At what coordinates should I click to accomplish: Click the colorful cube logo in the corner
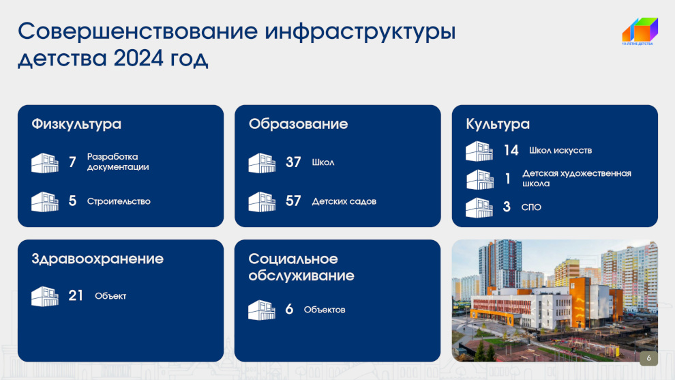pyautogui.click(x=640, y=31)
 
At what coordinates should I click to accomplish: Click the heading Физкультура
pyautogui.click(x=76, y=124)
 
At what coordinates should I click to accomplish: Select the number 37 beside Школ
pyautogui.click(x=293, y=162)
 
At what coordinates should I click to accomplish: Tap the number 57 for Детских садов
pyautogui.click(x=293, y=201)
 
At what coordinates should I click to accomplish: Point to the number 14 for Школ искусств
pyautogui.click(x=511, y=150)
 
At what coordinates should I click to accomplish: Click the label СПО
pyautogui.click(x=531, y=207)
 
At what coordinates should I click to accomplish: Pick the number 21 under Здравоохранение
pyautogui.click(x=75, y=295)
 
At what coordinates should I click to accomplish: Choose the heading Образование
pyautogui.click(x=299, y=124)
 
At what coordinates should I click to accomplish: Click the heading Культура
pyautogui.click(x=498, y=124)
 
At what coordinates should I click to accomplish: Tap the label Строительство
pyautogui.click(x=119, y=201)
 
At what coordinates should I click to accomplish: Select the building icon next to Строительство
pyautogui.click(x=45, y=202)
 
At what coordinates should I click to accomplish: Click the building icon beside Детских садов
pyautogui.click(x=262, y=202)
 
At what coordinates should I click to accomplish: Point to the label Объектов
pyautogui.click(x=325, y=310)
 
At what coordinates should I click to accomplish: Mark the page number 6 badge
pyautogui.click(x=648, y=358)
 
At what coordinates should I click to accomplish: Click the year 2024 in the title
pyautogui.click(x=138, y=58)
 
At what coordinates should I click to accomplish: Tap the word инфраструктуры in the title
pyautogui.click(x=360, y=32)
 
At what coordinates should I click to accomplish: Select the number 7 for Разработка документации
pyautogui.click(x=72, y=162)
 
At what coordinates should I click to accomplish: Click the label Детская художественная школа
pyautogui.click(x=577, y=178)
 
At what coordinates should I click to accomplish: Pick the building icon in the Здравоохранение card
pyautogui.click(x=45, y=296)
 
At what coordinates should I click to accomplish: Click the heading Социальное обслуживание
pyautogui.click(x=301, y=267)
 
